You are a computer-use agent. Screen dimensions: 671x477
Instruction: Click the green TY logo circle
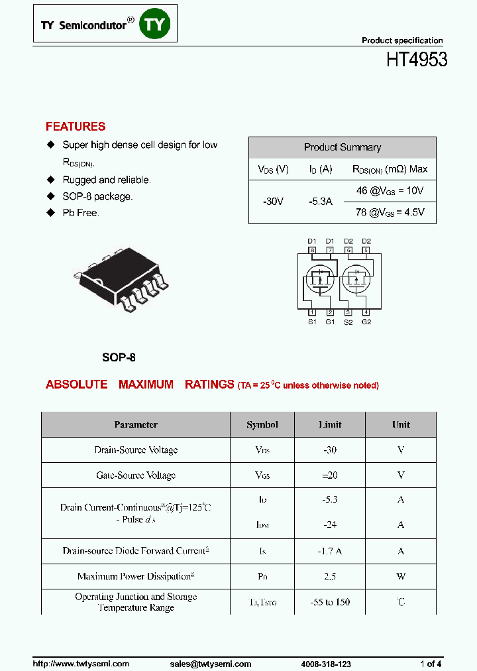(x=157, y=25)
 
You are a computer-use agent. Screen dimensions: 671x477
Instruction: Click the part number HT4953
(x=417, y=60)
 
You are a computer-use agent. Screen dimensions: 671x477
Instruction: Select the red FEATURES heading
(x=76, y=127)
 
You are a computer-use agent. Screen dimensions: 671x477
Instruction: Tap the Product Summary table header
(x=342, y=147)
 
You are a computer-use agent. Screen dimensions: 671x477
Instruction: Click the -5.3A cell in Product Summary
(x=321, y=202)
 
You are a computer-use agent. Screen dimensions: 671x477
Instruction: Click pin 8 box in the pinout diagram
(x=313, y=251)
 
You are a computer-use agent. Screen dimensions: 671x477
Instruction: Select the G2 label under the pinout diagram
(x=366, y=322)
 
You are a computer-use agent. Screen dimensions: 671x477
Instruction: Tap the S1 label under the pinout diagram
(x=312, y=322)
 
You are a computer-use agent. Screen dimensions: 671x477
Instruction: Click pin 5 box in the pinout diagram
(x=366, y=251)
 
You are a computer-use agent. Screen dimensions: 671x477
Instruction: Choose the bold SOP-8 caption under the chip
(x=119, y=357)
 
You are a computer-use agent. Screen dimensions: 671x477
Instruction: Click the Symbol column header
(x=262, y=424)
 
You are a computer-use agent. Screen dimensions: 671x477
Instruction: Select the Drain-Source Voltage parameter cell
(x=136, y=450)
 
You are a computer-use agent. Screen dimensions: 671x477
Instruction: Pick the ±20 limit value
(x=330, y=475)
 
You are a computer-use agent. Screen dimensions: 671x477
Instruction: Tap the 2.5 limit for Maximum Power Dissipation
(x=330, y=577)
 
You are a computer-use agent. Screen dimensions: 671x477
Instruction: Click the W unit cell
(x=401, y=577)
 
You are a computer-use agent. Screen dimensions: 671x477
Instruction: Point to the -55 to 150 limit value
(x=330, y=602)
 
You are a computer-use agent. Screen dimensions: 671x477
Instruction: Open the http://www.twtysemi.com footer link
(x=81, y=664)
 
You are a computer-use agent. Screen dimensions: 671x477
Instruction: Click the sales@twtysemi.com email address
(x=210, y=664)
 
